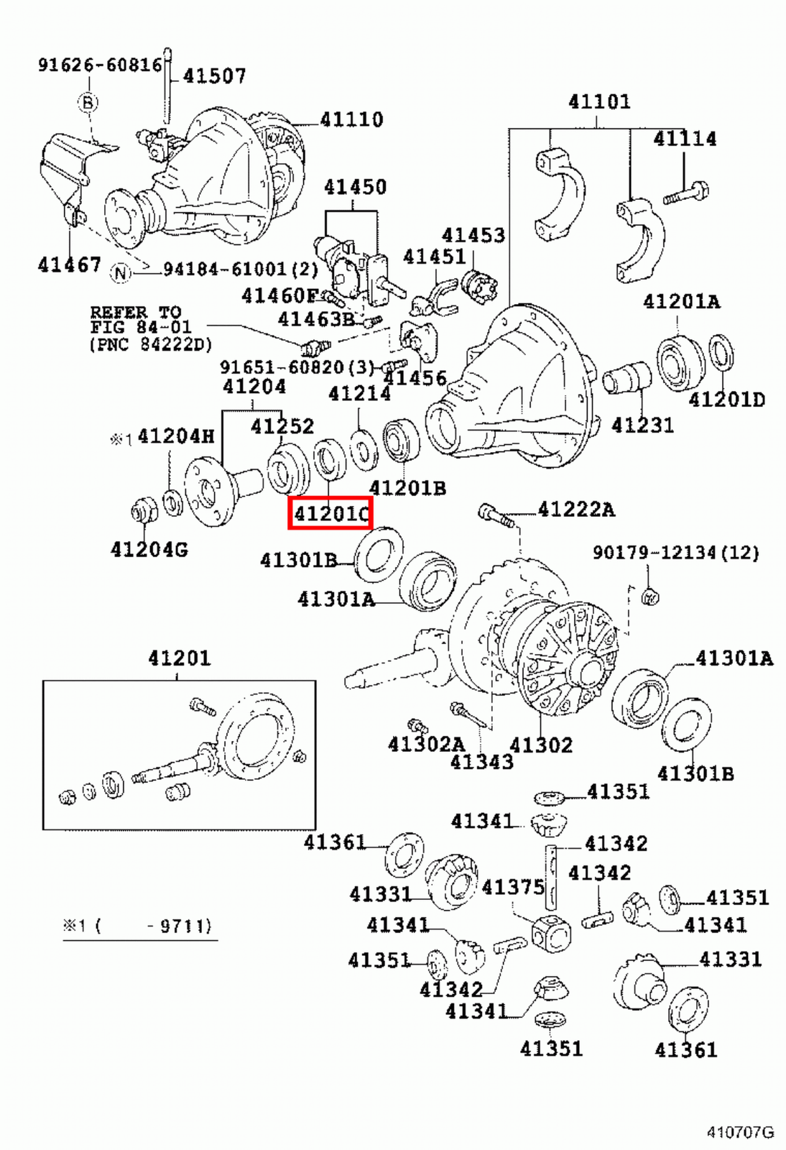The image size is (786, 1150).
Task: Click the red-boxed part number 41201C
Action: (330, 513)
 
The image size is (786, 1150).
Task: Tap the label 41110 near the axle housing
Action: (351, 119)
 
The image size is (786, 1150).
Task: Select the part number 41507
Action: (214, 75)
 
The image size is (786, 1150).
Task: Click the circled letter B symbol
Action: (88, 102)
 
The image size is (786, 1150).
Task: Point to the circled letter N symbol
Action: (121, 272)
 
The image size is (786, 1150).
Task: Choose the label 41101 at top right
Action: (599, 101)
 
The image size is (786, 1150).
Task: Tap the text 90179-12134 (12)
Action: (675, 553)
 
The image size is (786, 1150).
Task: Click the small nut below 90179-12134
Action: (649, 596)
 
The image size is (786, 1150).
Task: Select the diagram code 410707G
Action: (740, 1133)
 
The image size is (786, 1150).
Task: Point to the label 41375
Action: (513, 887)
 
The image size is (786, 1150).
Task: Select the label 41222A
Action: (576, 510)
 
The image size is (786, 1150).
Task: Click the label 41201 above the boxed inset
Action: (180, 658)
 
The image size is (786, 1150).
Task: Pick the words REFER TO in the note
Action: (135, 313)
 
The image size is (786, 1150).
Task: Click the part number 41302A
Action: (426, 744)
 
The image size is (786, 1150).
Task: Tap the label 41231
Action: (642, 425)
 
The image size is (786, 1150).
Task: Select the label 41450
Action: (355, 187)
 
